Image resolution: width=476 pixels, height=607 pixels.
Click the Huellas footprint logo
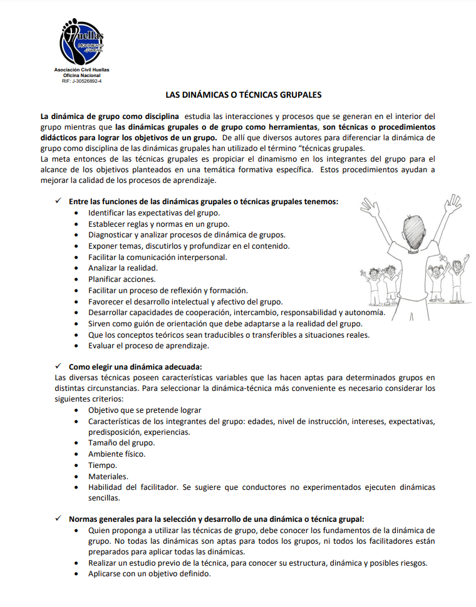pyautogui.click(x=81, y=41)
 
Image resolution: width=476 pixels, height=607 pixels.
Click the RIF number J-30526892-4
pyautogui.click(x=81, y=81)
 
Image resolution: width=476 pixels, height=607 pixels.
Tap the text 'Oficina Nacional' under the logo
pyautogui.click(x=81, y=75)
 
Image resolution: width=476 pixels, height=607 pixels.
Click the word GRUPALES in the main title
pyautogui.click(x=298, y=96)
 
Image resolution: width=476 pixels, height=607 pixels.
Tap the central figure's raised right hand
pyautogui.click(x=452, y=204)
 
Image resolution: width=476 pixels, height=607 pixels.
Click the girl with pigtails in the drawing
pyautogui.click(x=435, y=276)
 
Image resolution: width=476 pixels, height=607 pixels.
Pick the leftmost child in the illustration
pyautogui.click(x=369, y=279)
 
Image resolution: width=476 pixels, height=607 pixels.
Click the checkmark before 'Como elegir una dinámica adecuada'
pyautogui.click(x=58, y=366)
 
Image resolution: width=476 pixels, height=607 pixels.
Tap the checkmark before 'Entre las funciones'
pyautogui.click(x=58, y=201)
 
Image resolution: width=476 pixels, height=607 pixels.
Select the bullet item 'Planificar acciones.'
pyautogui.click(x=122, y=279)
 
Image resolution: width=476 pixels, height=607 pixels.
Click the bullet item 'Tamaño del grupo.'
pyautogui.click(x=121, y=443)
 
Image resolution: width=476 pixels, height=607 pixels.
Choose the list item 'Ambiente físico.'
pyautogui.click(x=116, y=454)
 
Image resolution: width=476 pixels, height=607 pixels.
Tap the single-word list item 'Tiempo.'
pyautogui.click(x=102, y=465)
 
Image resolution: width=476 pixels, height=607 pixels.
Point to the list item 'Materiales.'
pyautogui.click(x=108, y=477)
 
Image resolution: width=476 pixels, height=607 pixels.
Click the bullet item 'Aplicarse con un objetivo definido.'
pyautogui.click(x=149, y=574)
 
